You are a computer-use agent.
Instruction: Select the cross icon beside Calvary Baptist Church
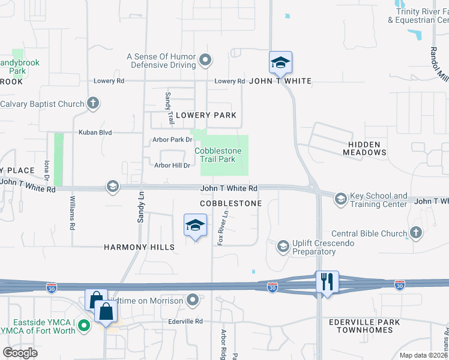point(92,104)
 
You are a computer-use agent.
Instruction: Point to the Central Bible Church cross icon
point(416,233)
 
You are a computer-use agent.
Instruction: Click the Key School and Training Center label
point(378,200)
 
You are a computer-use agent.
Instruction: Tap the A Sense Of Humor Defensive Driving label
point(161,61)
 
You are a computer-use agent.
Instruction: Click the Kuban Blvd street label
point(96,132)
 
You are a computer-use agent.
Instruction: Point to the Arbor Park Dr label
point(172,140)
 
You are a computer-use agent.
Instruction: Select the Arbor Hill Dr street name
point(172,166)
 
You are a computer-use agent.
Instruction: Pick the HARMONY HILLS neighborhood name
point(139,247)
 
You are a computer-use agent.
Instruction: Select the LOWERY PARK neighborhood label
point(206,115)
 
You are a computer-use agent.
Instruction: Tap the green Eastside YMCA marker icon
point(84,326)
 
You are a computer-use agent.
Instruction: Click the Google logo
point(20,352)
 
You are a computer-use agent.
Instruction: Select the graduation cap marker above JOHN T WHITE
point(280,62)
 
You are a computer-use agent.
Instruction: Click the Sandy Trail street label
point(169,105)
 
